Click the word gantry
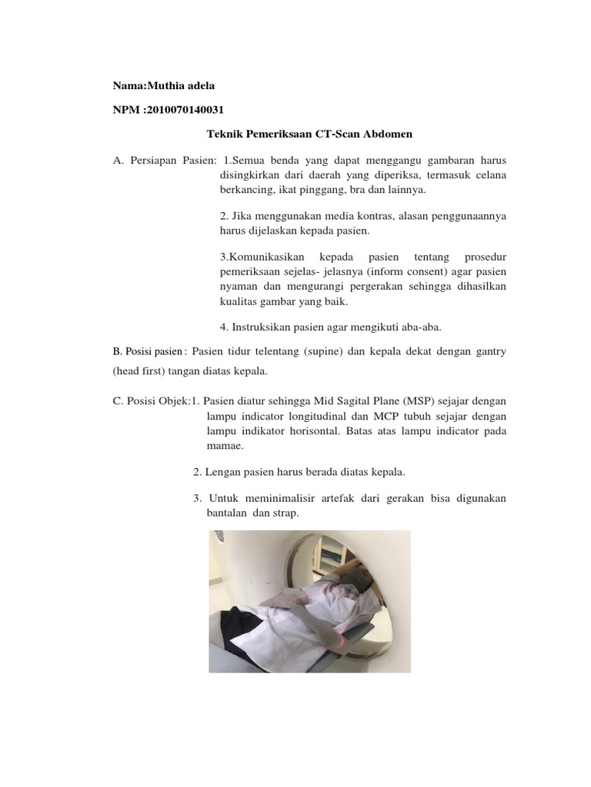pyautogui.click(x=488, y=351)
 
